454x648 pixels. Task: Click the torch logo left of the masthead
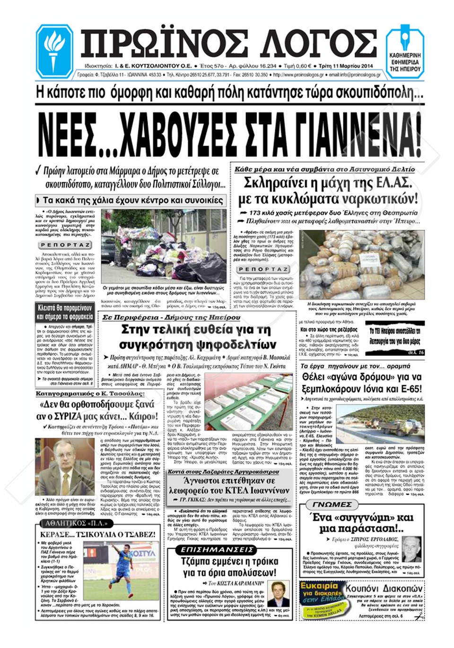tap(54, 49)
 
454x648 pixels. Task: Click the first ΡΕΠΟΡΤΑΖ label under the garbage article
tap(65, 245)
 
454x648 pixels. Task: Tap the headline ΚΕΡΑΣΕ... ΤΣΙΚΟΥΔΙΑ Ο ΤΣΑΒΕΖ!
tap(97, 535)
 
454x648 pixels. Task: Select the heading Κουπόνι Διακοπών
tap(384, 589)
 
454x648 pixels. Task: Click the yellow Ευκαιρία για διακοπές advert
tap(321, 600)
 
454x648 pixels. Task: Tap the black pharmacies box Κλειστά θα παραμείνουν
tap(65, 312)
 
